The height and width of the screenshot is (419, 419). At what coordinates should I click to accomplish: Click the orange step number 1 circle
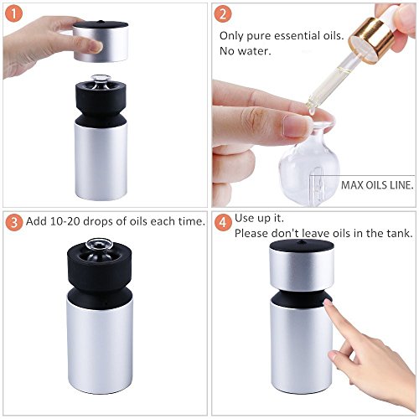click(13, 13)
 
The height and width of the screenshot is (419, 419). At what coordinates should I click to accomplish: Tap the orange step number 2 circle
click(223, 13)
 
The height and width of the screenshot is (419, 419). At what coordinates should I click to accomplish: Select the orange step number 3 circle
click(13, 222)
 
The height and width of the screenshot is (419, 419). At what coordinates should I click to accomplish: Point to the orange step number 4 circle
click(223, 223)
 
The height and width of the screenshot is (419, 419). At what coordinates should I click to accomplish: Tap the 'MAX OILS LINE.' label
click(377, 185)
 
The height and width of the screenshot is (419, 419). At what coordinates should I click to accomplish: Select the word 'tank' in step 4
click(401, 233)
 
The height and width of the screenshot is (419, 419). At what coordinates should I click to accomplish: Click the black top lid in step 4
click(302, 245)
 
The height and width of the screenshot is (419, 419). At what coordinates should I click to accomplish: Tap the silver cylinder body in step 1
click(101, 162)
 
